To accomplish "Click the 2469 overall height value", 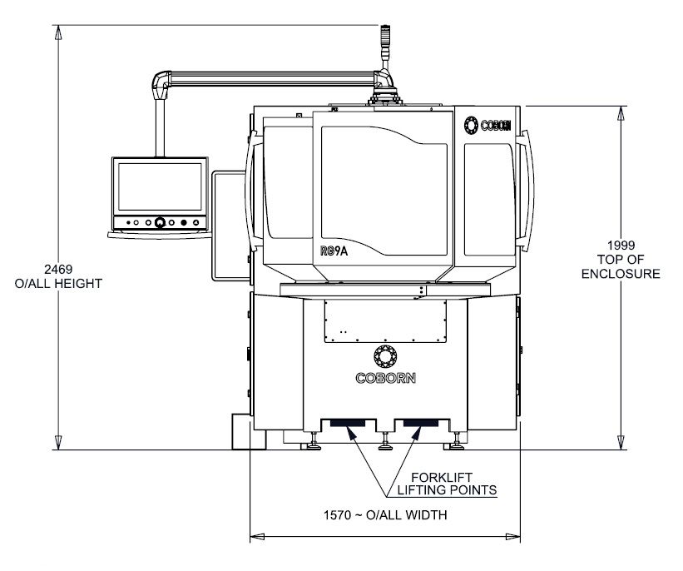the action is coord(58,269).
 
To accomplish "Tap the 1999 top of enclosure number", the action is coord(621,245).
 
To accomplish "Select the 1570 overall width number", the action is coord(337,514).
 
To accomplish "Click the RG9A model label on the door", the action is coord(334,251).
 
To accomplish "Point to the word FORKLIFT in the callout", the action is coord(442,477).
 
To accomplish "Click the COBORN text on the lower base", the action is coord(385,378).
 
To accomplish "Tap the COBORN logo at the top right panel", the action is coord(488,126).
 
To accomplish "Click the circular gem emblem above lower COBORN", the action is coord(385,356).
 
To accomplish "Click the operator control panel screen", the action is coord(160,187).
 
